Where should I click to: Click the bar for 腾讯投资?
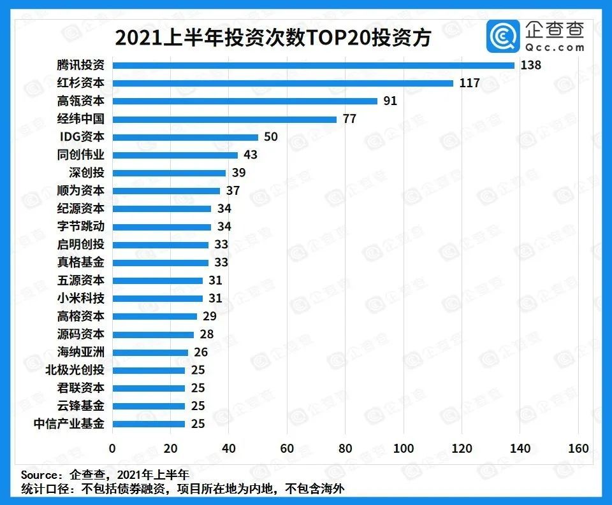[313, 65]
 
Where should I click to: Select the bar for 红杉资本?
[282, 83]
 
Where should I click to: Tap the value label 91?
[390, 101]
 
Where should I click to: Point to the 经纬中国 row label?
[80, 118]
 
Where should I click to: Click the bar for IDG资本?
[185, 137]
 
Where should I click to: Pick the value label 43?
[251, 155]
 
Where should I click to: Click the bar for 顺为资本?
[166, 190]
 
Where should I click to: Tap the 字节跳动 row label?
[80, 226]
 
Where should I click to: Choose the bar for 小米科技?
[157, 298]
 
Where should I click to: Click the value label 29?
[210, 316]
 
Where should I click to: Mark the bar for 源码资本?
[153, 334]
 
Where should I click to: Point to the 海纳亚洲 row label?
[80, 352]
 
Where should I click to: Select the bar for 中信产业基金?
[149, 423]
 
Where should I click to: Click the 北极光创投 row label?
[75, 370]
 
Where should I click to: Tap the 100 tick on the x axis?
[404, 448]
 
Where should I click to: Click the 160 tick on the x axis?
[578, 448]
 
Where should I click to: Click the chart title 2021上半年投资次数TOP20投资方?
[273, 38]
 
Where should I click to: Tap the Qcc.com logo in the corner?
[536, 37]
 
